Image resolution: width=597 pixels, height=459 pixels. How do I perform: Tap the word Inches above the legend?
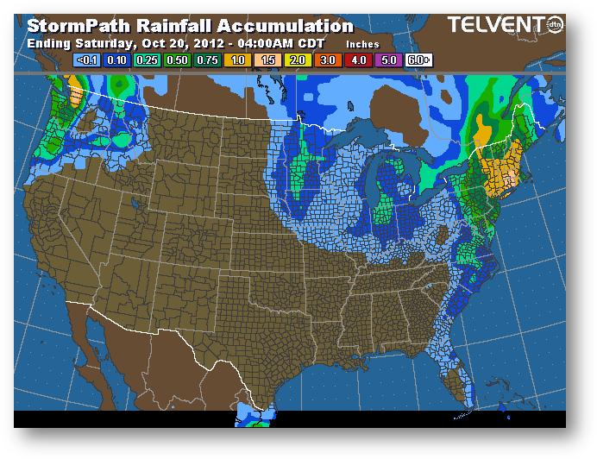click(x=362, y=43)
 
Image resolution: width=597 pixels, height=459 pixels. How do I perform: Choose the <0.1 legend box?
click(x=85, y=60)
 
